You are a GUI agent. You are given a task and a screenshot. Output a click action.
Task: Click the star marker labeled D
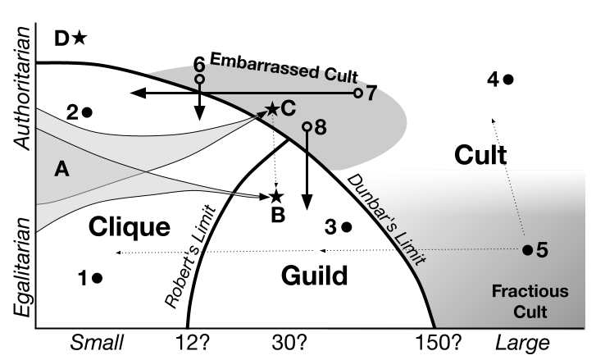pyautogui.click(x=80, y=38)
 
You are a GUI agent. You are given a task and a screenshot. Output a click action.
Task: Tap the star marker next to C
pyautogui.click(x=272, y=108)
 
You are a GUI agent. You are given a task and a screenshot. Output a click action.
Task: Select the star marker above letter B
pyautogui.click(x=276, y=196)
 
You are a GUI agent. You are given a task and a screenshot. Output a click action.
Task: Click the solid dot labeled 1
pyautogui.click(x=98, y=278)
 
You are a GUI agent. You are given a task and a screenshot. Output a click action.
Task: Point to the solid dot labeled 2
pyautogui.click(x=87, y=112)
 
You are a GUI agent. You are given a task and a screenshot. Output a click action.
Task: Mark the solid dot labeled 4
pyautogui.click(x=508, y=80)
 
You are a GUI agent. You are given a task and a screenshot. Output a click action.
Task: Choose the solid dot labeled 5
pyautogui.click(x=527, y=249)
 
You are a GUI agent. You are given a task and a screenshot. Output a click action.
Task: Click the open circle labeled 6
pyautogui.click(x=199, y=80)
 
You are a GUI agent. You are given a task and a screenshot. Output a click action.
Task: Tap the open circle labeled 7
pyautogui.click(x=358, y=93)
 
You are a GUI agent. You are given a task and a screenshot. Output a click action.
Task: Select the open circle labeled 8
pyautogui.click(x=307, y=127)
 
